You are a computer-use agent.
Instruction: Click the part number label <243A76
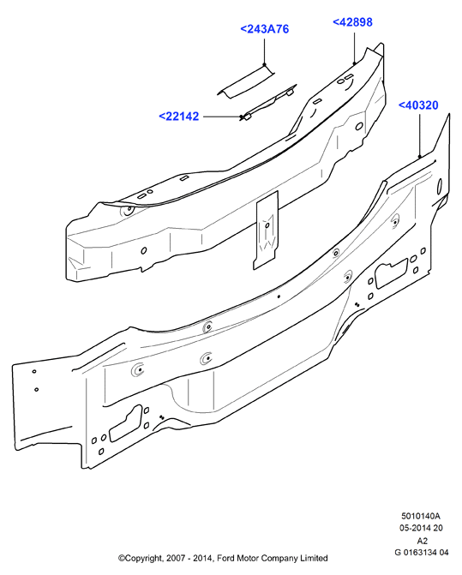click(264, 29)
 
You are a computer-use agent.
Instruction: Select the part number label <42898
click(352, 22)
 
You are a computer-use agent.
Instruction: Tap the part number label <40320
click(418, 105)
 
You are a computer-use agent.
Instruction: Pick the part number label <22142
click(179, 117)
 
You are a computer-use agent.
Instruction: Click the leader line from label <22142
click(222, 117)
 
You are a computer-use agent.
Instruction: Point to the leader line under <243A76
click(264, 51)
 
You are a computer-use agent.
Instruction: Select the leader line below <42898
click(354, 48)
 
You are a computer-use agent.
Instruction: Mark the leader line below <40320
click(420, 135)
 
